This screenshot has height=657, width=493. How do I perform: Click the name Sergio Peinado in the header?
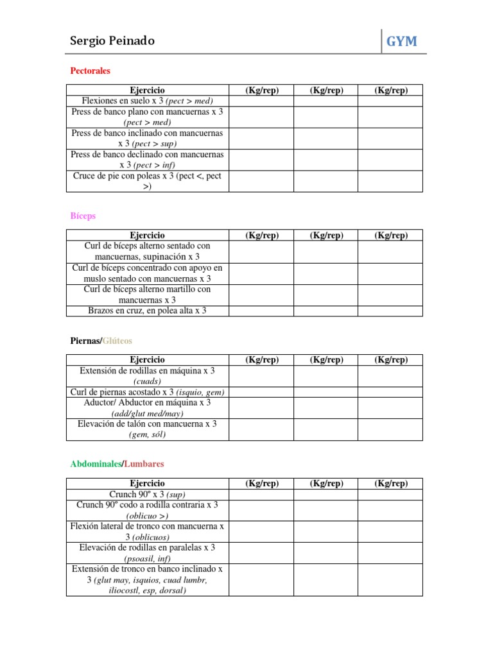pyautogui.click(x=112, y=41)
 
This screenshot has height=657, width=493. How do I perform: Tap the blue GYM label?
pyautogui.click(x=401, y=42)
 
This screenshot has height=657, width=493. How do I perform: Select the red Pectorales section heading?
pyautogui.click(x=90, y=71)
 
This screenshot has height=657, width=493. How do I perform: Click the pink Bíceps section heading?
pyautogui.click(x=83, y=216)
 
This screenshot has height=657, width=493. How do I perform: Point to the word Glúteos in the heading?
pyautogui.click(x=117, y=341)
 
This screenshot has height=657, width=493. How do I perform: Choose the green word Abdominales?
pyautogui.click(x=96, y=463)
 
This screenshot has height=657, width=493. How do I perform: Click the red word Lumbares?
pyautogui.click(x=144, y=463)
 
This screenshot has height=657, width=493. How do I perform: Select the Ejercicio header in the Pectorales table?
pyautogui.click(x=147, y=90)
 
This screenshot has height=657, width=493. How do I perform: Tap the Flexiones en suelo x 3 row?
pyautogui.click(x=147, y=101)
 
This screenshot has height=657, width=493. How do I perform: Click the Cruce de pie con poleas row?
pyautogui.click(x=147, y=181)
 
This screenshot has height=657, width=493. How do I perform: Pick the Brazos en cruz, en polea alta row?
pyautogui.click(x=147, y=311)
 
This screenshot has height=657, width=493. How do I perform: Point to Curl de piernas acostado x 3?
pyautogui.click(x=147, y=392)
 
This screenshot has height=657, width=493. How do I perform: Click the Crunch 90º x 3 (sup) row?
pyautogui.click(x=147, y=494)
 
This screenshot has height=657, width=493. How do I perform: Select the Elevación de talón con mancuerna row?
pyautogui.click(x=147, y=429)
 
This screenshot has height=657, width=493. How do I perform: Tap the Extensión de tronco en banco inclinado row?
pyautogui.click(x=147, y=579)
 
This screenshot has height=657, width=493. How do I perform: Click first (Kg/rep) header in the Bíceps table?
pyautogui.click(x=261, y=235)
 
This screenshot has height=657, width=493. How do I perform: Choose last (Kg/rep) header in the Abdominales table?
pyautogui.click(x=390, y=483)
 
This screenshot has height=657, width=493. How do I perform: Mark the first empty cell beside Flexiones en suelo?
pyautogui.click(x=261, y=101)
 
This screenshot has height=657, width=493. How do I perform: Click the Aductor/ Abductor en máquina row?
pyautogui.click(x=147, y=408)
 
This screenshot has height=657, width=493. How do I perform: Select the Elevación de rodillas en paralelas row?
pyautogui.click(x=147, y=553)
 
